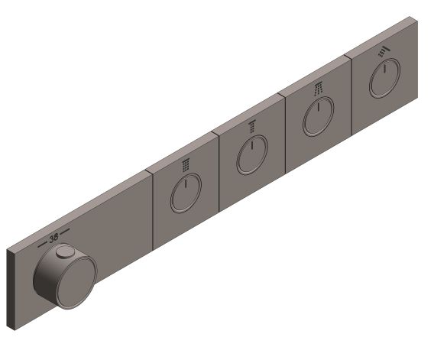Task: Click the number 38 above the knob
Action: (x=53, y=238)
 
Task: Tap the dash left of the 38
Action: (x=40, y=244)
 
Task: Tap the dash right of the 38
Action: (x=66, y=231)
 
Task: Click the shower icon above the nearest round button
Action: (x=186, y=164)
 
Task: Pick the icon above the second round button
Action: (x=251, y=127)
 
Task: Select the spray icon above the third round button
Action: (x=316, y=90)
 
